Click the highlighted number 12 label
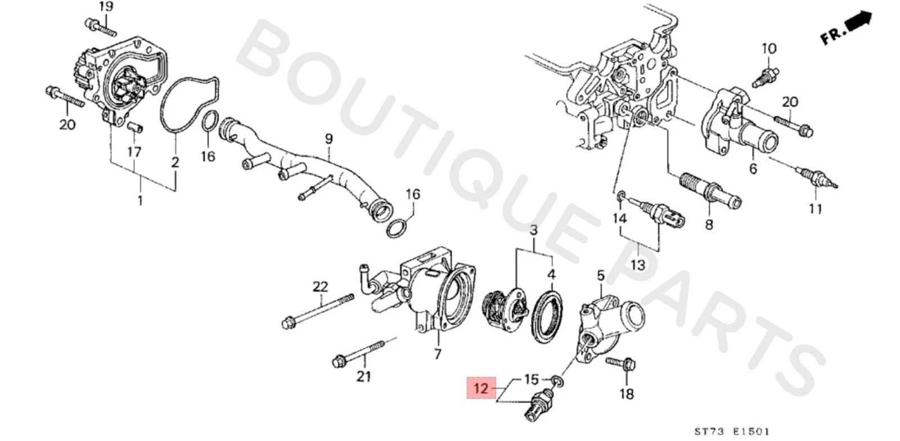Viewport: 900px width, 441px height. (x=481, y=388)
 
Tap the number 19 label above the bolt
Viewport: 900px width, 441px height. (x=105, y=7)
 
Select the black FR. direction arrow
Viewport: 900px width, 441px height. (x=858, y=23)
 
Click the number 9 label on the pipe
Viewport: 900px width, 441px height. (x=329, y=138)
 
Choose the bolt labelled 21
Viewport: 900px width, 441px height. (x=360, y=353)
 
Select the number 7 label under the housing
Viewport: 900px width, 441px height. (x=438, y=354)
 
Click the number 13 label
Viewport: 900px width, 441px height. (x=637, y=264)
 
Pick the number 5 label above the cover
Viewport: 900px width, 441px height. (x=600, y=276)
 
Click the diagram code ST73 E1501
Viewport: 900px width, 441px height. (x=731, y=431)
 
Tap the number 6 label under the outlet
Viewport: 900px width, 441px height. (x=753, y=168)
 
